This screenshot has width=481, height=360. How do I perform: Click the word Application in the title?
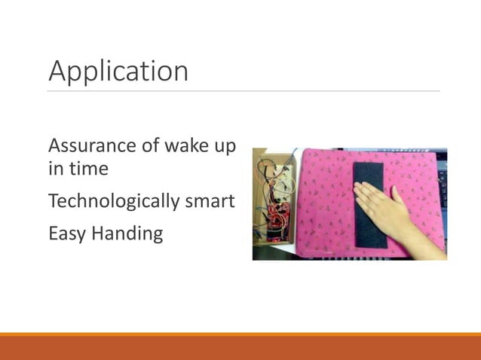point(118,72)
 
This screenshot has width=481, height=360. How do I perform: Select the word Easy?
point(66,234)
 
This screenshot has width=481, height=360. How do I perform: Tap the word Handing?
point(127,234)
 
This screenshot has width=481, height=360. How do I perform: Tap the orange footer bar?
point(240,346)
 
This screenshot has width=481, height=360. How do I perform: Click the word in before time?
point(56,169)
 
